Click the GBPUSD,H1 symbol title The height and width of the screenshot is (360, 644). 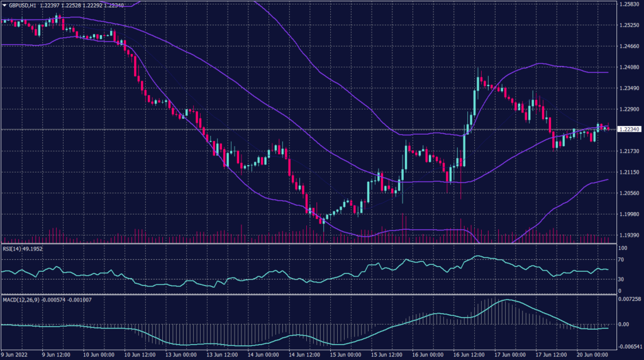point(22,4)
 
